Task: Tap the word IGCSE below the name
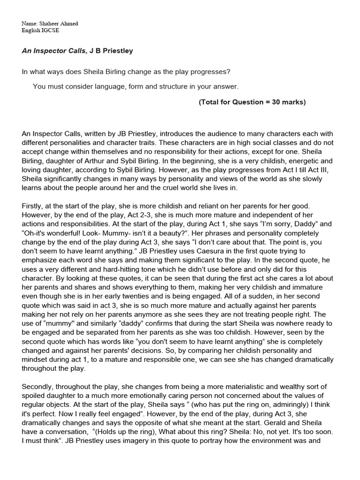50,30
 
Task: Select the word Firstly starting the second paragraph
33,206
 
